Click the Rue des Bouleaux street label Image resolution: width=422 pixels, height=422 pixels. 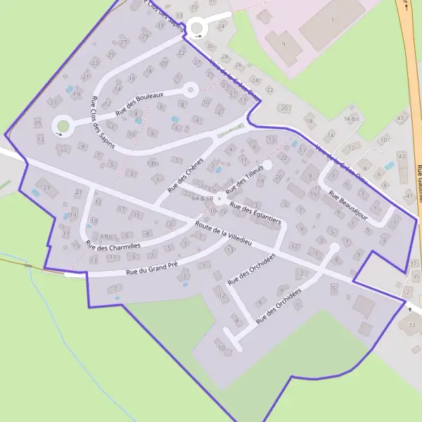tap(140, 103)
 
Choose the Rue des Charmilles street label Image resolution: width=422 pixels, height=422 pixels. tap(113, 245)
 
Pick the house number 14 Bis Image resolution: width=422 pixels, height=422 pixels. tap(351, 120)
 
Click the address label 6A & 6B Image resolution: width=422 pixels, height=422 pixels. tap(203, 199)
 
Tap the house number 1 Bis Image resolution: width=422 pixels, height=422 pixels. tap(153, 163)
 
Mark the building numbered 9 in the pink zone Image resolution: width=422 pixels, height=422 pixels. tap(283, 44)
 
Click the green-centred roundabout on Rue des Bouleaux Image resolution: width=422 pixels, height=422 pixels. tap(62, 126)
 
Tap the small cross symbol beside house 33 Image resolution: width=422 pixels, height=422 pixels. tap(410, 309)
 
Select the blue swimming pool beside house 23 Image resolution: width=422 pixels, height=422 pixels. tap(35, 193)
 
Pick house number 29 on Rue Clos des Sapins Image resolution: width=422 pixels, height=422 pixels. tap(144, 36)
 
